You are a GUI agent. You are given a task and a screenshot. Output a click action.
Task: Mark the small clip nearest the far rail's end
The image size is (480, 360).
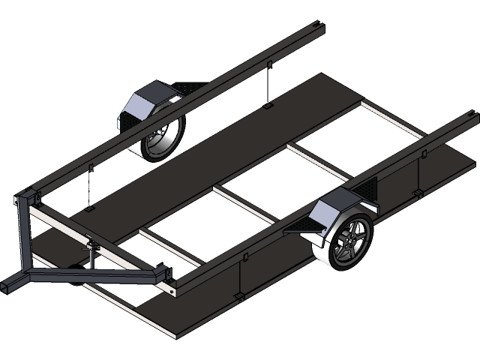click(268, 66)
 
